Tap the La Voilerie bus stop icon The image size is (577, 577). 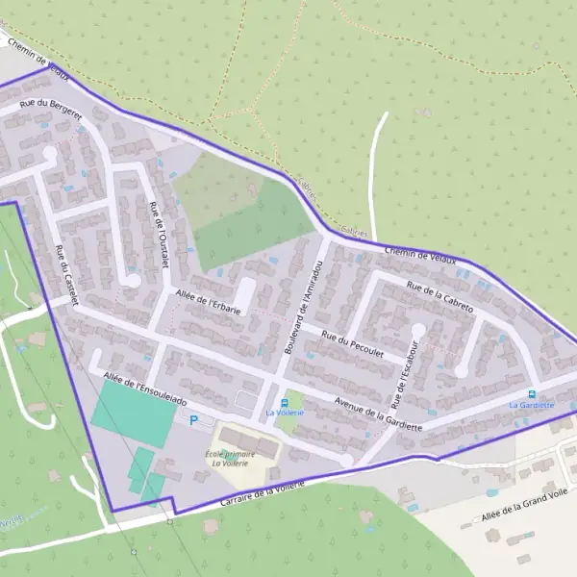pyautogui.click(x=284, y=402)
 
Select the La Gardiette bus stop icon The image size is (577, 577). pyautogui.click(x=532, y=393)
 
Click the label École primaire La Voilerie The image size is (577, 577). pyautogui.click(x=230, y=458)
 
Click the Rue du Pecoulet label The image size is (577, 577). pyautogui.click(x=353, y=344)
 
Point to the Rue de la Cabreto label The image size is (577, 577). pyautogui.click(x=440, y=296)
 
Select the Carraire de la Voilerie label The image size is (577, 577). pyautogui.click(x=262, y=493)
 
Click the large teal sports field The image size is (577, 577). pyautogui.click(x=133, y=411)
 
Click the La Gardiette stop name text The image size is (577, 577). pyautogui.click(x=532, y=405)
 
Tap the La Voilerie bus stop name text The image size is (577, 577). pyautogui.click(x=284, y=413)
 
